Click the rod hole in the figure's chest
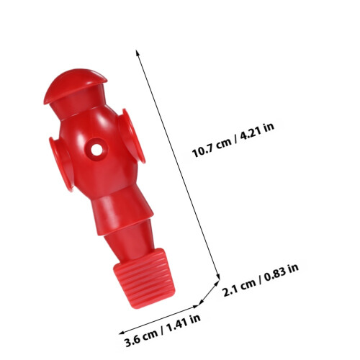click(96, 150)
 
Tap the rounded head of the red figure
click(74, 84)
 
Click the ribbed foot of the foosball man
click(145, 279)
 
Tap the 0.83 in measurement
click(282, 273)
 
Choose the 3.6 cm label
click(141, 338)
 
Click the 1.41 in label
click(183, 323)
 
